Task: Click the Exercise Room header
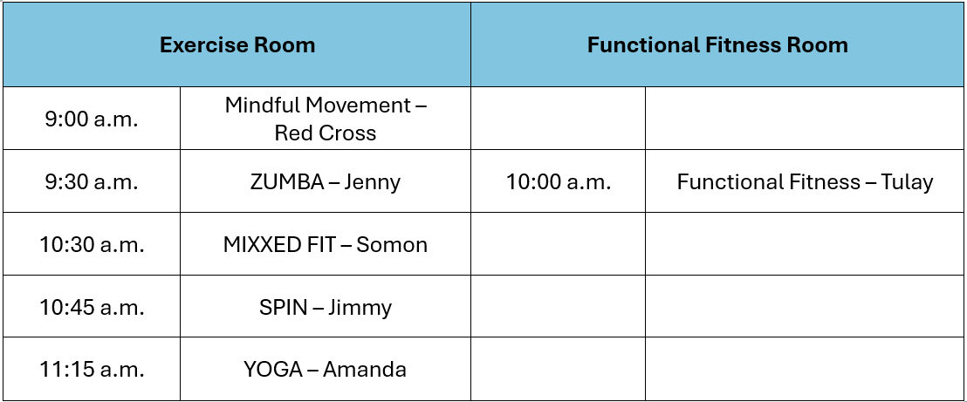point(237,44)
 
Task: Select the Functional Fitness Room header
point(717,44)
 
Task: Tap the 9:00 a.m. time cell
point(92,119)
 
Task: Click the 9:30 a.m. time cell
point(92,182)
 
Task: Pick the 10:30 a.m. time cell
point(92,245)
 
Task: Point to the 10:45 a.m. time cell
point(92,308)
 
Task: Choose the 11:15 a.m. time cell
point(92,370)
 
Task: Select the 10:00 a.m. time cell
point(559,182)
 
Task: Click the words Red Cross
point(326,133)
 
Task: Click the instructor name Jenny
point(373,183)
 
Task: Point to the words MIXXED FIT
point(279,245)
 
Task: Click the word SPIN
point(280,308)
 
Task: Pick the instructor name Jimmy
point(360,309)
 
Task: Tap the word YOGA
point(272,370)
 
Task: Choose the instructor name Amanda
point(365,370)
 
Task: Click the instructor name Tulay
point(908,183)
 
